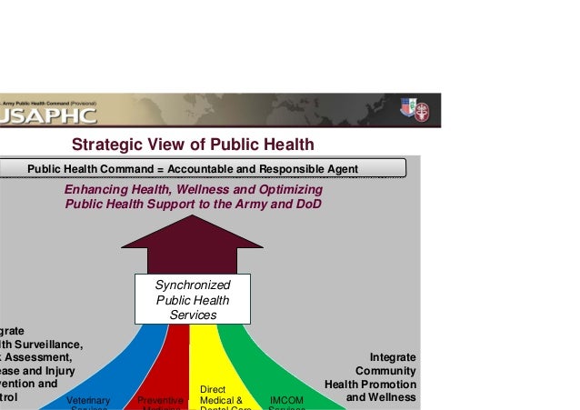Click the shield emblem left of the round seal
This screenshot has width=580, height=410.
click(405, 109)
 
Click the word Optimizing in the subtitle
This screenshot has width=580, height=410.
click(288, 190)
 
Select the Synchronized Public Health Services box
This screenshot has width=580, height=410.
click(193, 300)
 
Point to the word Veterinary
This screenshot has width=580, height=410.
click(88, 401)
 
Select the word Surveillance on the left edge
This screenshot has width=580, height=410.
click(45, 344)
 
